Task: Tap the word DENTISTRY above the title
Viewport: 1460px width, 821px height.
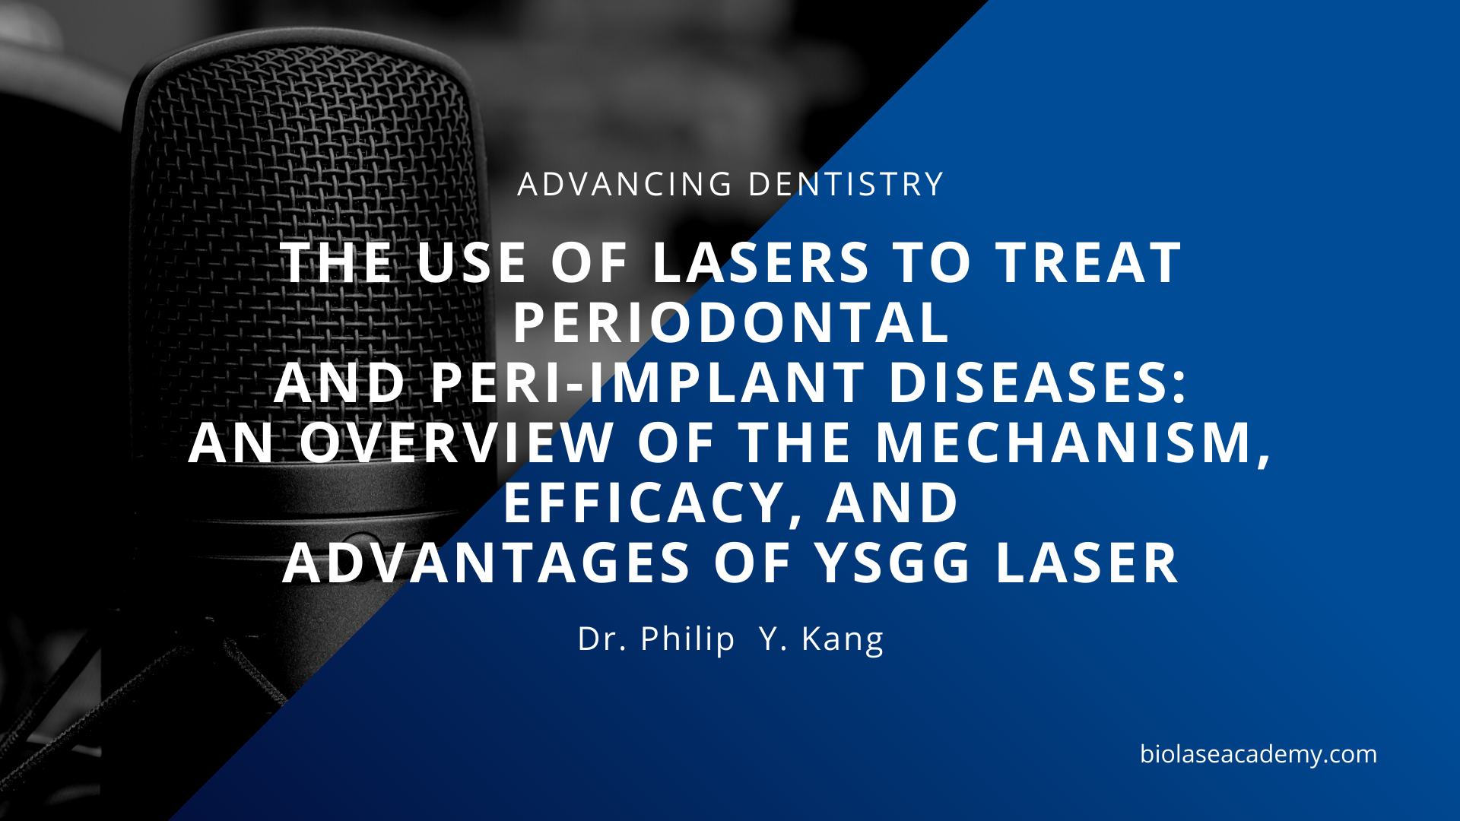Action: [846, 185]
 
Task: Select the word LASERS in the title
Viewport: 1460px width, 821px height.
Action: [760, 263]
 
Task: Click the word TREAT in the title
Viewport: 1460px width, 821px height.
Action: [1089, 263]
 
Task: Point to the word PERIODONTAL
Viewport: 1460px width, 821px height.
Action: [731, 323]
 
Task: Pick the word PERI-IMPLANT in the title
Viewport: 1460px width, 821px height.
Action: [647, 382]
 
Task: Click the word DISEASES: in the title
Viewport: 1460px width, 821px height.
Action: [1037, 382]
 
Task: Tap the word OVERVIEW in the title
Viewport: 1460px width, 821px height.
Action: [457, 442]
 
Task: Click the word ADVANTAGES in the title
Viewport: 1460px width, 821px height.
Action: [487, 563]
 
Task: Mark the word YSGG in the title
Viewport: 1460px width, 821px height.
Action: [893, 563]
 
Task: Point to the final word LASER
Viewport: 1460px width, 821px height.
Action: [1087, 563]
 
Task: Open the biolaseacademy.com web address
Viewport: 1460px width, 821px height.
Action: [1258, 754]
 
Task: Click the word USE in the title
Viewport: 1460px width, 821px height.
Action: [471, 263]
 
